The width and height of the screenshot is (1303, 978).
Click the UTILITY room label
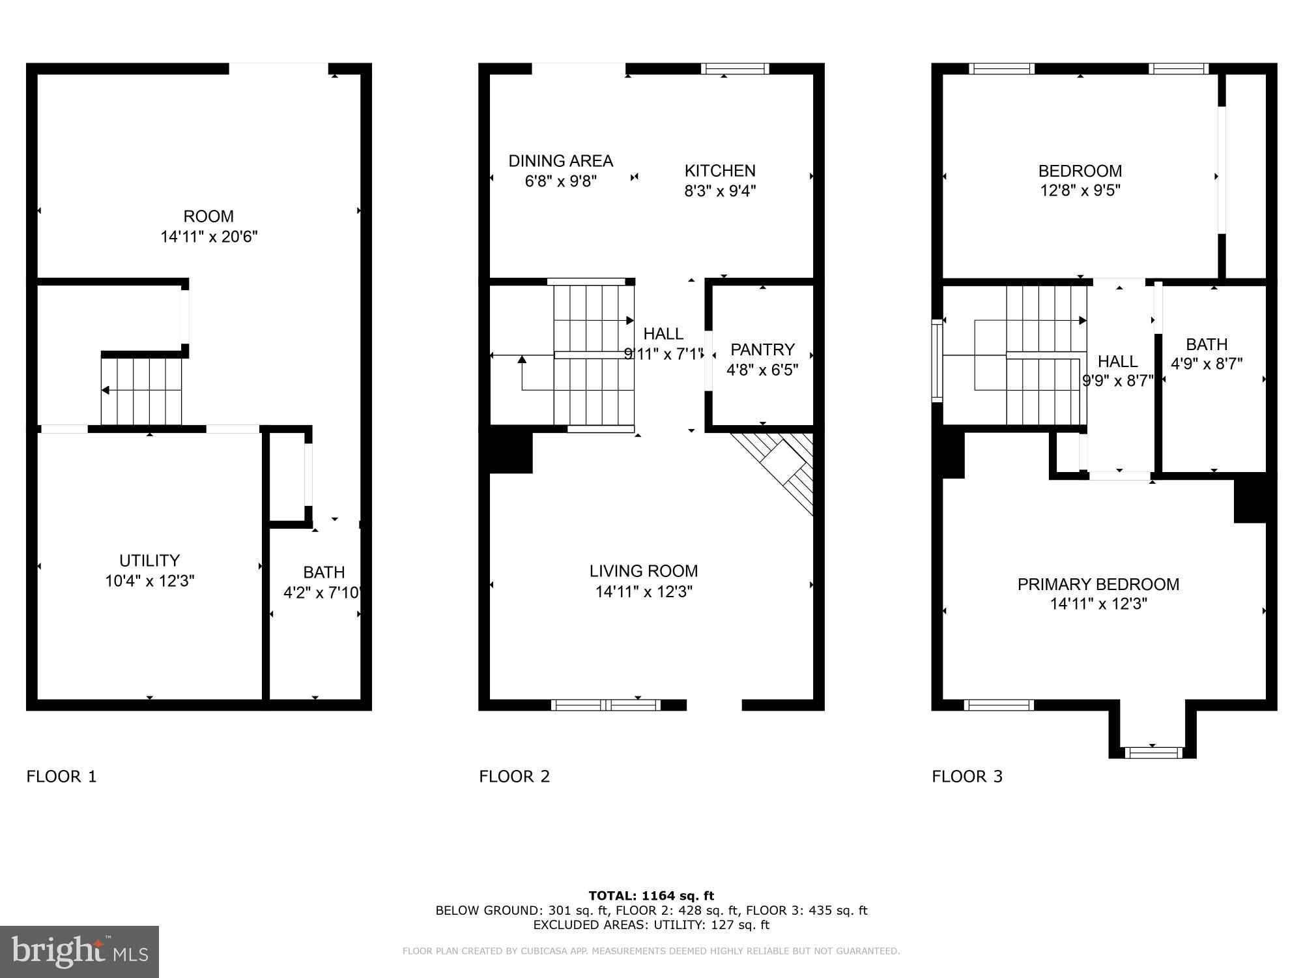(149, 561)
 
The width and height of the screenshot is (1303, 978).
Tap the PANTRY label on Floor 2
(762, 349)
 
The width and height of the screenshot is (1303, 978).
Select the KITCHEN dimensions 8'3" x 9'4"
(720, 191)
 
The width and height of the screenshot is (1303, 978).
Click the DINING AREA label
(560, 161)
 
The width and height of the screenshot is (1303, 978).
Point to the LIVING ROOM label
(644, 571)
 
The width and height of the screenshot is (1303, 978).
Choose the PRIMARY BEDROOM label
(1098, 584)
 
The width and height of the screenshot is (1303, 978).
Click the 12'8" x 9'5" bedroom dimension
(1080, 191)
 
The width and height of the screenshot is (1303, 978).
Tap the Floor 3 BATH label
(1207, 344)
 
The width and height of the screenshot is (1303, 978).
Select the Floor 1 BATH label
(324, 572)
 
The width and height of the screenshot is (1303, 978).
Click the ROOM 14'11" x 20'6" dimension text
(209, 237)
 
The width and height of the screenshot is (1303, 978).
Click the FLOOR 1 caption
(61, 777)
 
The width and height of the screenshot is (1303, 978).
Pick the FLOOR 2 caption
(514, 777)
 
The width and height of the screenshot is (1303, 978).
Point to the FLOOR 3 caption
(967, 777)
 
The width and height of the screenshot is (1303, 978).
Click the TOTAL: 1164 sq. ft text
(651, 896)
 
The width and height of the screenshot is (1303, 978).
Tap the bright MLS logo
(79, 952)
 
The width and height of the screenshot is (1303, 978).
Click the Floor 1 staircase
(141, 391)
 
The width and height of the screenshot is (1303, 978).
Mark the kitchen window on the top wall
(735, 69)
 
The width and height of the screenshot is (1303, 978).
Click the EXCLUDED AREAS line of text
(651, 925)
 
